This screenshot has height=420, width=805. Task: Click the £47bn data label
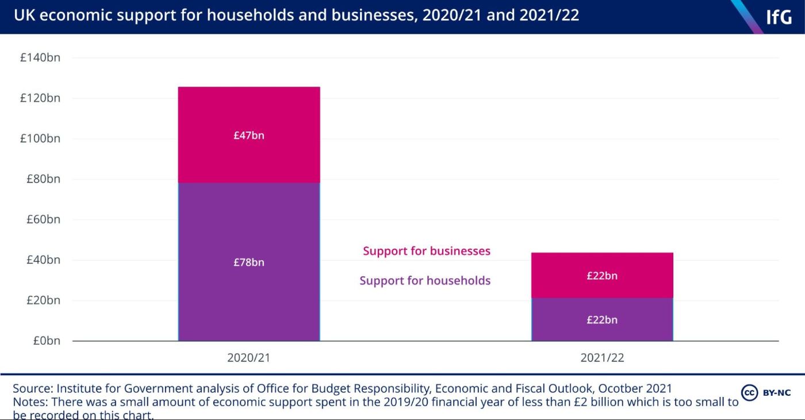pyautogui.click(x=249, y=136)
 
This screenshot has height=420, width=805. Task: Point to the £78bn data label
pyautogui.click(x=249, y=263)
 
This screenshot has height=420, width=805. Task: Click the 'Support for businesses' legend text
pyautogui.click(x=427, y=251)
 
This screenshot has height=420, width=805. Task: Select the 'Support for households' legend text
pyautogui.click(x=425, y=281)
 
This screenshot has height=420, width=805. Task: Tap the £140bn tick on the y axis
pyautogui.click(x=40, y=57)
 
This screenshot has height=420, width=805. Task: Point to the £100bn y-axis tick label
pyautogui.click(x=40, y=138)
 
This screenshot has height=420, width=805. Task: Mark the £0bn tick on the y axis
pyautogui.click(x=45, y=341)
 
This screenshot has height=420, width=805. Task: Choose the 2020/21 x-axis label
pyautogui.click(x=249, y=357)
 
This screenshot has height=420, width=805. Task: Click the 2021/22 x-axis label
pyautogui.click(x=602, y=357)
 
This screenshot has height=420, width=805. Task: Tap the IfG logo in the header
pyautogui.click(x=779, y=17)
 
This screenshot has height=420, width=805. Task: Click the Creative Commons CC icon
pyautogui.click(x=749, y=393)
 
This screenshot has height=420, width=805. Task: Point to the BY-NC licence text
pyautogui.click(x=776, y=393)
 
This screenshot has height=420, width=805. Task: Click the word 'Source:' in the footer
pyautogui.click(x=33, y=388)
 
